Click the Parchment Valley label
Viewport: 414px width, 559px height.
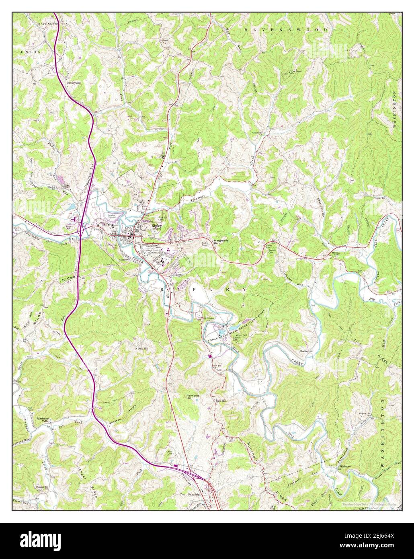(43, 420)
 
